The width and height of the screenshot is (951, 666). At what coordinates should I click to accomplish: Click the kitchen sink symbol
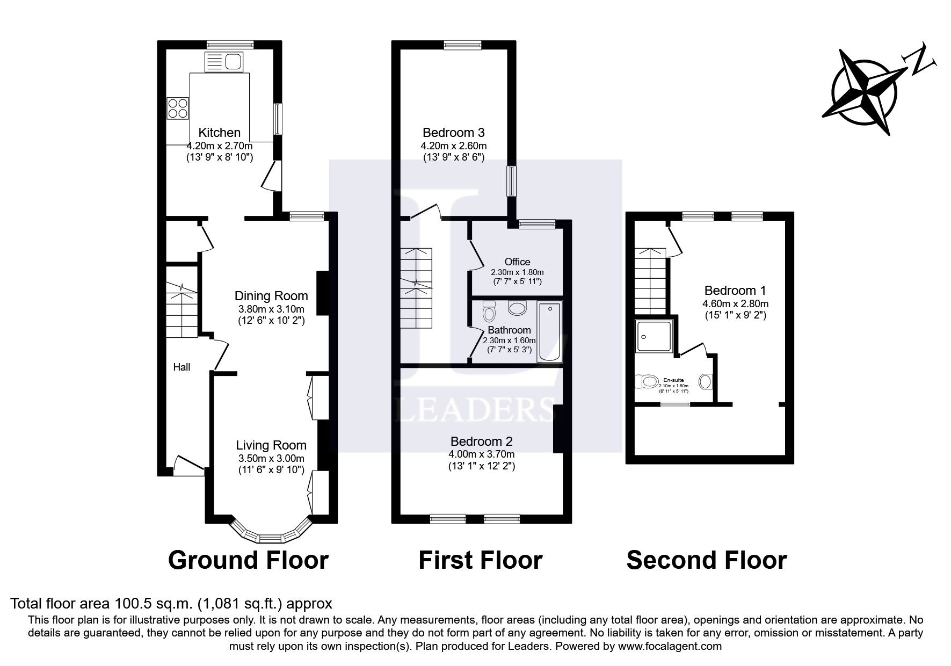point(224,62)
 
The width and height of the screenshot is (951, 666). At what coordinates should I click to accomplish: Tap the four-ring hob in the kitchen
point(178,107)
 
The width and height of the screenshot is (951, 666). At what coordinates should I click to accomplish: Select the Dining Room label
point(271,296)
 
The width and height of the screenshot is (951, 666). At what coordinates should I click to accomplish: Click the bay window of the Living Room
point(271,535)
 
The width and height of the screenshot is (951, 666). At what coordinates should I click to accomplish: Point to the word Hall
point(182,367)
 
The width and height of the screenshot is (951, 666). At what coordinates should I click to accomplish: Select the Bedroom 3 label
point(453,132)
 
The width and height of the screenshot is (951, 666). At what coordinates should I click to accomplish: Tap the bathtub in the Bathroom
point(550,332)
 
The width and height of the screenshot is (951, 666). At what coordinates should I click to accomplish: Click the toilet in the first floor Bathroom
point(489,310)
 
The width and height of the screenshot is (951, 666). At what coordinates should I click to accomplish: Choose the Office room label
point(517,262)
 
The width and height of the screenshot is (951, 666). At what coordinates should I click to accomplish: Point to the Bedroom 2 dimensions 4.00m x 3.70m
point(481,454)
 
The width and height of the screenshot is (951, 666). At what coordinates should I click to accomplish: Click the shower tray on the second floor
point(654,336)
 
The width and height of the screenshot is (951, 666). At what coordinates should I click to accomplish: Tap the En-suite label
point(673,380)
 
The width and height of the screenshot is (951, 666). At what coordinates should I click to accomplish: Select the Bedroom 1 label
point(735,291)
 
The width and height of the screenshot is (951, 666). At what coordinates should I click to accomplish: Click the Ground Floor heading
point(248,560)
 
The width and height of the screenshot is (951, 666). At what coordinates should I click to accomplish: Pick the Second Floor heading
point(706,560)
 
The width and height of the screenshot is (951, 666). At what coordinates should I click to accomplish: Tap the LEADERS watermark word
point(474,411)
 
